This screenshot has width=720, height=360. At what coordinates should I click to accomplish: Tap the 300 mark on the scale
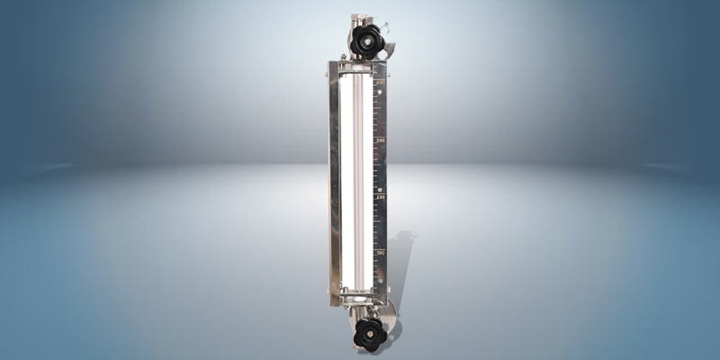click(x=381, y=140)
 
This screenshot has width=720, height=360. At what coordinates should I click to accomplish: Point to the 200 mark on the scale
click(x=381, y=197)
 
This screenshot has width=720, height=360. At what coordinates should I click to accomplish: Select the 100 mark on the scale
click(x=381, y=254)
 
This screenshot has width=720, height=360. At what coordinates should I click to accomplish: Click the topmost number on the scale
click(x=381, y=84)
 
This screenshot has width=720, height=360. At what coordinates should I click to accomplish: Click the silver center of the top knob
click(x=367, y=40)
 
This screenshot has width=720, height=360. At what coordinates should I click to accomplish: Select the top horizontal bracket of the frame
click(x=358, y=65)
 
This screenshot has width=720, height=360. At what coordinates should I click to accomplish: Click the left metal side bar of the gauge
click(x=335, y=180)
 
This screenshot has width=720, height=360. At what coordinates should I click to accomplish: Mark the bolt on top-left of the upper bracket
click(x=343, y=58)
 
